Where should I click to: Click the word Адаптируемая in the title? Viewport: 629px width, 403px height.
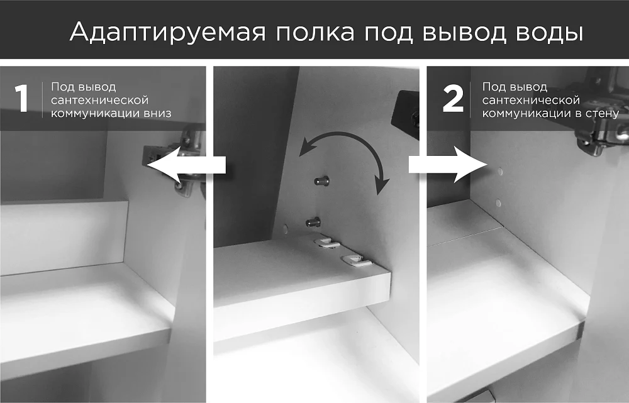point(168,31)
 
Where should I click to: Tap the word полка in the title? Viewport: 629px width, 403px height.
point(315,33)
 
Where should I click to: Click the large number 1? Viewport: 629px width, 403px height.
point(21,98)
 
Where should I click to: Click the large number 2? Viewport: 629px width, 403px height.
point(454,99)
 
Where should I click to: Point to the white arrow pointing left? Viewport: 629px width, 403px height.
point(187,165)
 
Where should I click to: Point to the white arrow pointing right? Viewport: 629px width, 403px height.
point(448,165)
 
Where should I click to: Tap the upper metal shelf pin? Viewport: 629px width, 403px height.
point(322,181)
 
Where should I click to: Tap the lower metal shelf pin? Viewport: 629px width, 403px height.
point(313,221)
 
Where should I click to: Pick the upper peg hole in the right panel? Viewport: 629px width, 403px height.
point(500,172)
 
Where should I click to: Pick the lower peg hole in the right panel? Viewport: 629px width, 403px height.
point(498,203)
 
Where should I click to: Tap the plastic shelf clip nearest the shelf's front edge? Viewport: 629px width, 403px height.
point(358,260)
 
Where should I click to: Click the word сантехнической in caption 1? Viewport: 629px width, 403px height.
point(99,100)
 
